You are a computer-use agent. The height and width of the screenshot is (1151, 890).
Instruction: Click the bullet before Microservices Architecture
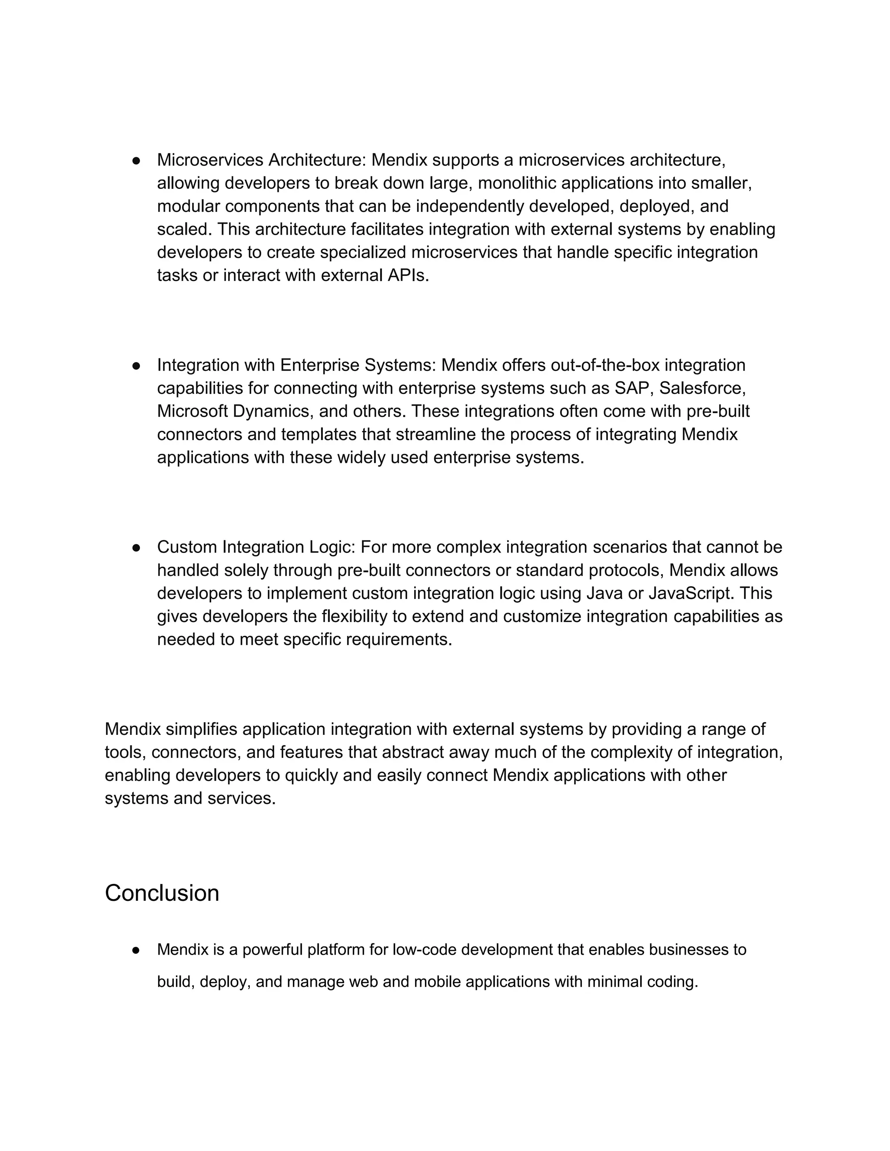click(136, 160)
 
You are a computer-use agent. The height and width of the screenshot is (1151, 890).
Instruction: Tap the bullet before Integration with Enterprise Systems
click(136, 366)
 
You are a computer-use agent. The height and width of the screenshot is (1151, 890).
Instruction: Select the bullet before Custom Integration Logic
click(136, 548)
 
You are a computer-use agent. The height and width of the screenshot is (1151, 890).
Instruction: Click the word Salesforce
click(702, 388)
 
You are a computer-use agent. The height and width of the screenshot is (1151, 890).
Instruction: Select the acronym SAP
click(632, 388)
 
